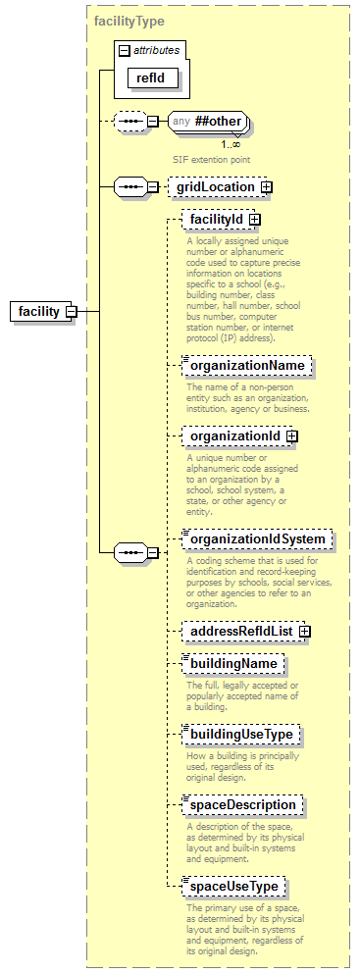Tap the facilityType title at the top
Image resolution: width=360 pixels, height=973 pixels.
[x=129, y=20]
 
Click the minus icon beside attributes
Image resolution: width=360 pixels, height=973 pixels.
[x=124, y=49]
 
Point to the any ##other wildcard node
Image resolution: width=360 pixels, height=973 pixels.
[x=206, y=122]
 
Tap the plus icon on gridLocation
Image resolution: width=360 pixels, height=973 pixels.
[x=266, y=186]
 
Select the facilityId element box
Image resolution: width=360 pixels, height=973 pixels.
[x=216, y=220]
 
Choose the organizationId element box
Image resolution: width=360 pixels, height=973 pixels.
[x=235, y=435]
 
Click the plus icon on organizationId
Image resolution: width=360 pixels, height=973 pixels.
[x=291, y=435]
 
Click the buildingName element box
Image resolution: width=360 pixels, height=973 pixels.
[x=233, y=664]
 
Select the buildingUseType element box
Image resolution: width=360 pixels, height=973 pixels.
[x=240, y=735]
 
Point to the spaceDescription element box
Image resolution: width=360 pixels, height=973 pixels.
[x=242, y=804]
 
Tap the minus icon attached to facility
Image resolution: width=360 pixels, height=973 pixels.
[x=71, y=311]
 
